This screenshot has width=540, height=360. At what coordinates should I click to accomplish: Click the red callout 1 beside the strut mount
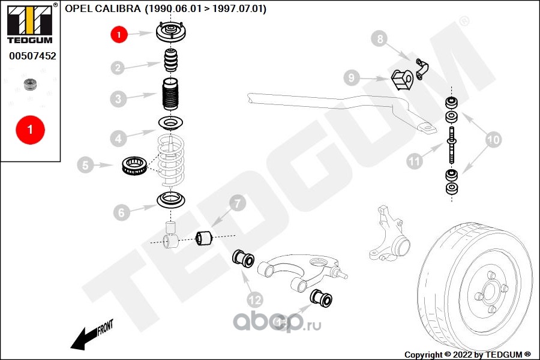pos(119,34)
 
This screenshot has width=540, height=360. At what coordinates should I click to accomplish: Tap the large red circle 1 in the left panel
pos(31,130)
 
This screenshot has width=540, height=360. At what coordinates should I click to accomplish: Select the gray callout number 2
pos(118,68)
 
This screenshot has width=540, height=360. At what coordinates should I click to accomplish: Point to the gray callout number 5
pos(85,165)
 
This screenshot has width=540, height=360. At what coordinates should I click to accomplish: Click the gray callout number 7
pos(238,203)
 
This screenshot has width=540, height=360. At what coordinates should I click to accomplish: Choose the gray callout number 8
pos(380,38)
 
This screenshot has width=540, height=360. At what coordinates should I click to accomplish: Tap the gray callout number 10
pos(494,140)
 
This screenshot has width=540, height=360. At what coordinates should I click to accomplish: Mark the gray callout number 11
pos(414,161)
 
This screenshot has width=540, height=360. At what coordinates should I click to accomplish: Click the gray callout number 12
pos(255,300)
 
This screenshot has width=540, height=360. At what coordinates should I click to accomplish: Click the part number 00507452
pos(32,56)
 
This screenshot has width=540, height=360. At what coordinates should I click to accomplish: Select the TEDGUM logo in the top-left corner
pos(31,23)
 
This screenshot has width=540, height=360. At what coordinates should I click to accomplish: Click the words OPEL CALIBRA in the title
pos(103,8)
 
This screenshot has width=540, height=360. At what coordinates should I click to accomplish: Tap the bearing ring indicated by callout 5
pos(135,165)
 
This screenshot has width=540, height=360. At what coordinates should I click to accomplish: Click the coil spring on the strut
pos(171,160)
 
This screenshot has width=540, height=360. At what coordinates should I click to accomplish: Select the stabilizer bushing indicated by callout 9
pos(402,80)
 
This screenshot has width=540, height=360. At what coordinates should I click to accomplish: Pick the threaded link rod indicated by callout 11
pos(451,145)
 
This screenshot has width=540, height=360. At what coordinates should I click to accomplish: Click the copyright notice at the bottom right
pos(467,355)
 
